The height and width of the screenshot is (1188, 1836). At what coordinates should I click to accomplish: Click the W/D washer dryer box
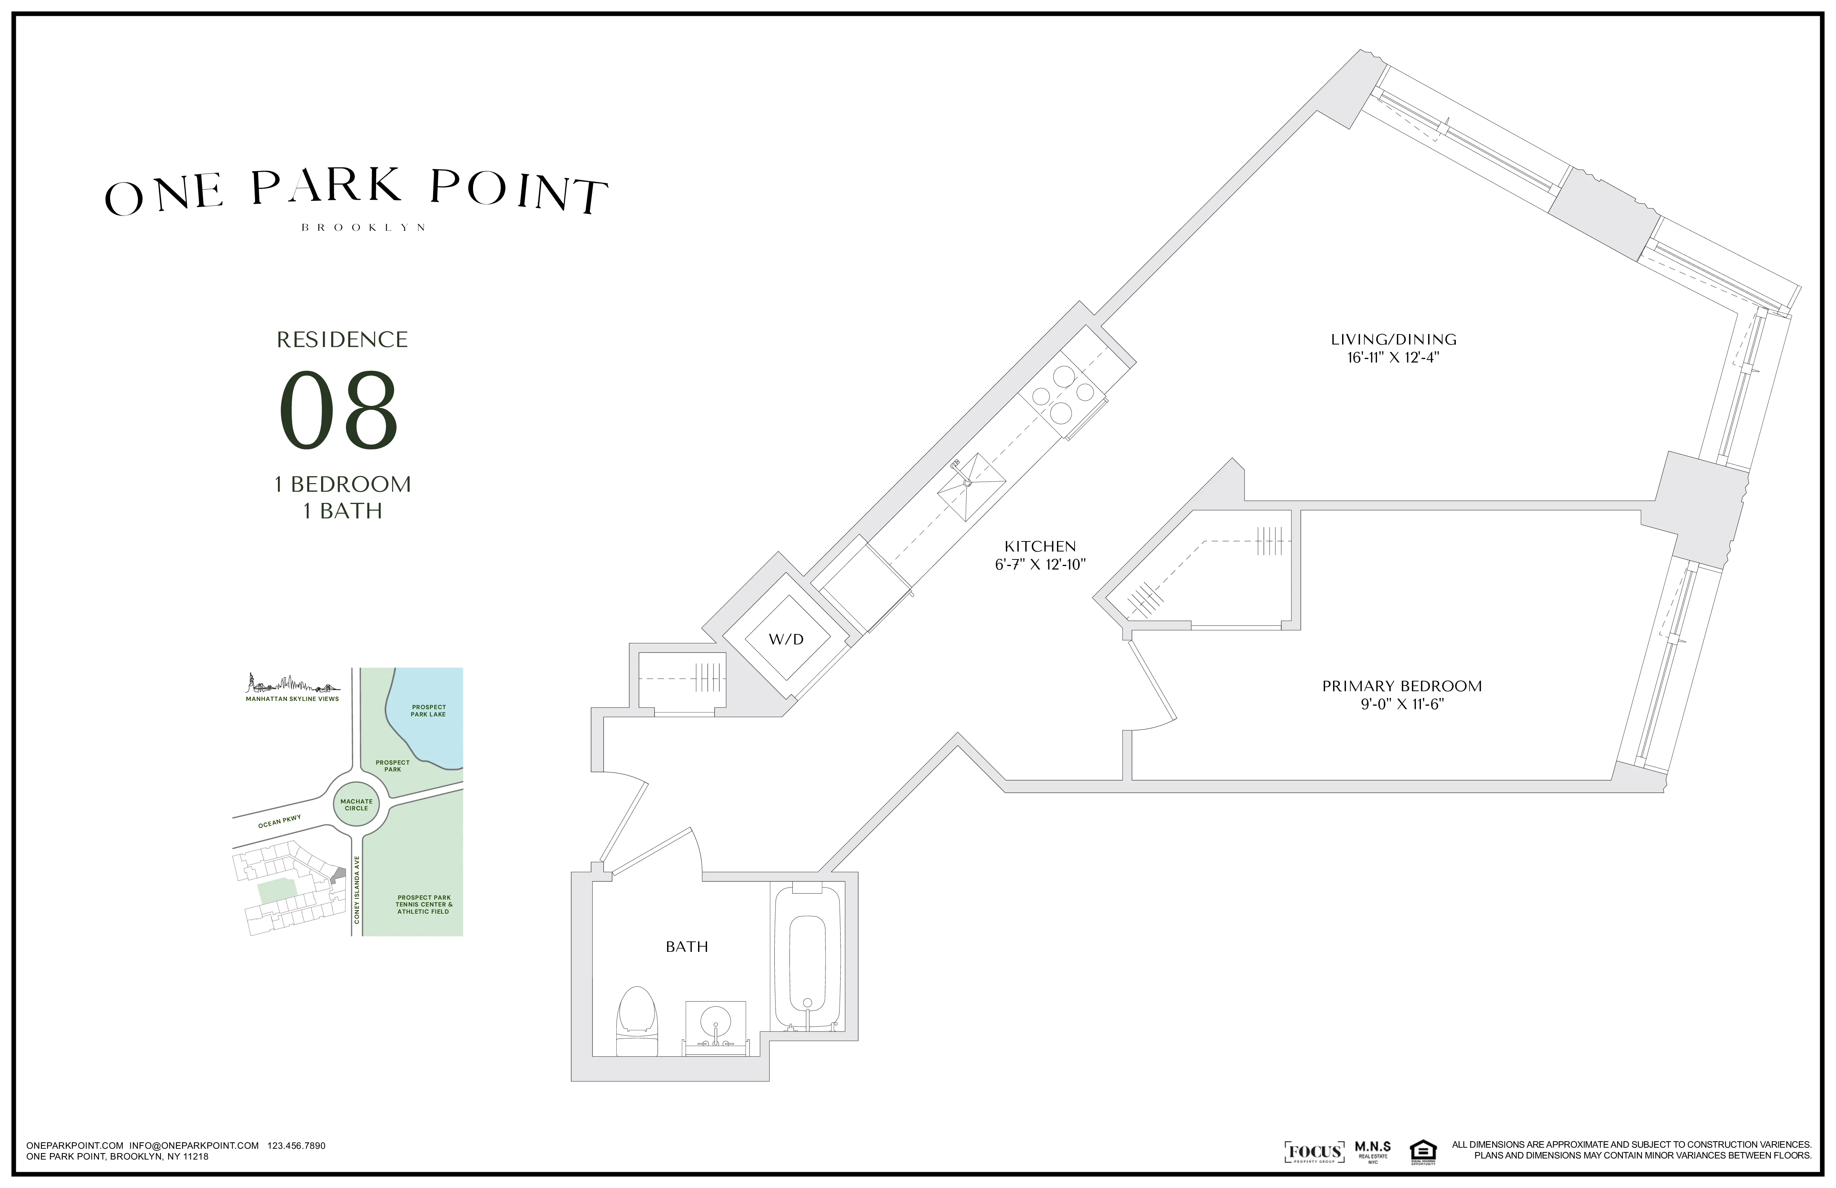click(x=786, y=639)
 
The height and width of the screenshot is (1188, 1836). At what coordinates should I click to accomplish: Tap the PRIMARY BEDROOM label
click(x=1402, y=686)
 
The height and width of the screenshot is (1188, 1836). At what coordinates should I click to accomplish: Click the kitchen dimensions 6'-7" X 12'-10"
click(x=1040, y=565)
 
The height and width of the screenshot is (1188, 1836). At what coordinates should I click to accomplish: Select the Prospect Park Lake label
click(x=428, y=711)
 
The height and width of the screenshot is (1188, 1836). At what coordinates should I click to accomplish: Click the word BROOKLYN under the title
click(x=363, y=228)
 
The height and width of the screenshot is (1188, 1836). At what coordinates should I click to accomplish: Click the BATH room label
click(x=687, y=946)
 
